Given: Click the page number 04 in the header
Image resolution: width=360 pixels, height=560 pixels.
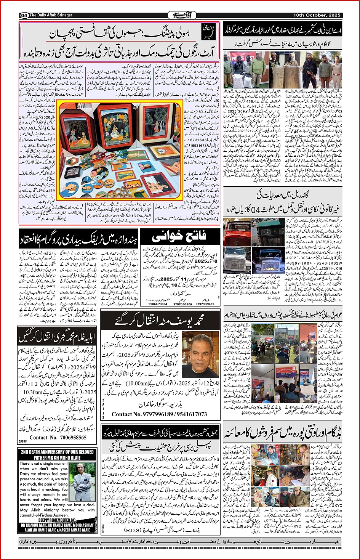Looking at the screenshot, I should click(x=24, y=15).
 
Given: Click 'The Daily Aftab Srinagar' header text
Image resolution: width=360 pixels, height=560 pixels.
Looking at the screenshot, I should click(x=51, y=15).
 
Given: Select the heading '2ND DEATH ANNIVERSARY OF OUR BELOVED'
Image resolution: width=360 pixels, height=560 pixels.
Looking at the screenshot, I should click(x=57, y=452).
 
